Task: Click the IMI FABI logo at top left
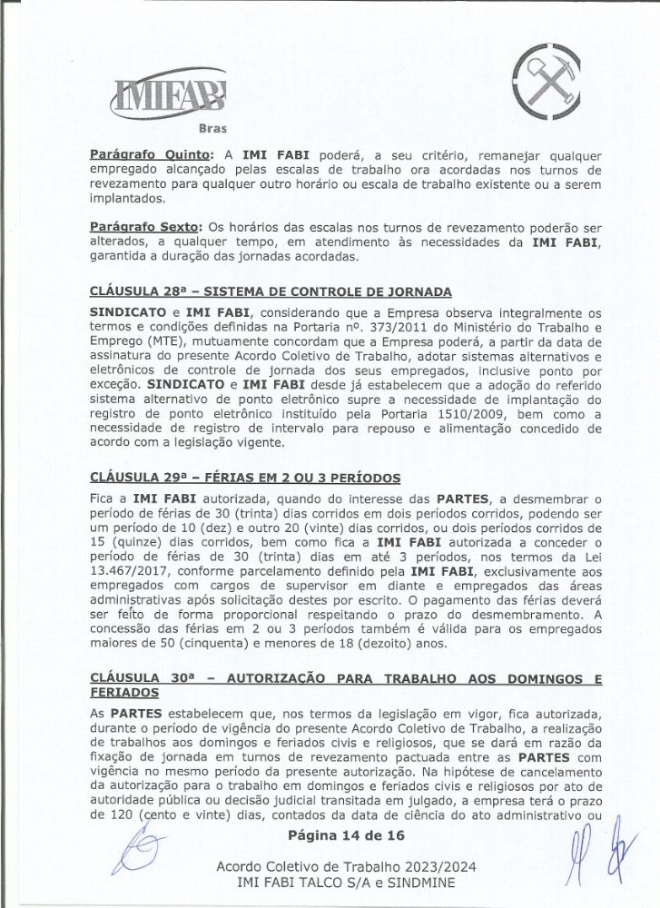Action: pyautogui.click(x=169, y=94)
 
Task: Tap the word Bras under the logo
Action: pyautogui.click(x=212, y=127)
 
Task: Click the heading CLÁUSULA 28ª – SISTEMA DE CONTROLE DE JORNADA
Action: pyautogui.click(x=271, y=291)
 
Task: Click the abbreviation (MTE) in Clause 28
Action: pyautogui.click(x=163, y=341)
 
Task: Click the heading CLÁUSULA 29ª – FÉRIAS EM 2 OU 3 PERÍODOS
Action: pyautogui.click(x=246, y=479)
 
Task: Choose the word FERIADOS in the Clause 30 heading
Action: pyautogui.click(x=126, y=694)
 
